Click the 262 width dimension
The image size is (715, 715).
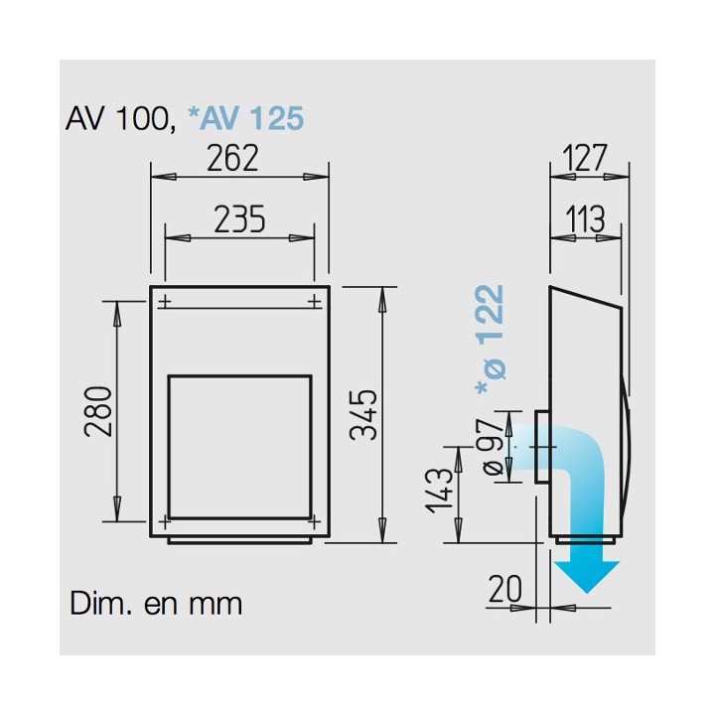point(232,158)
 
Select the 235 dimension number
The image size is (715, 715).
point(239,219)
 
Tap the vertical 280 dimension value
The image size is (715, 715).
point(98,411)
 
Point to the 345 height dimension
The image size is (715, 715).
point(363,414)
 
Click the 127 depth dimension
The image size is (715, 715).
point(585,158)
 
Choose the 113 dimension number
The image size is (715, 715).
point(586,219)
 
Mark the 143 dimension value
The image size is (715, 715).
point(439,491)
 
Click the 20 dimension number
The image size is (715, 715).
point(504,588)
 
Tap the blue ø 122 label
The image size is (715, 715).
point(491,340)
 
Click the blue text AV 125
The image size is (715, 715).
point(246,118)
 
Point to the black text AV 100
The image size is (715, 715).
point(120,119)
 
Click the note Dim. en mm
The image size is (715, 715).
point(156,604)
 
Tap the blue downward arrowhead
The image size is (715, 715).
point(587,576)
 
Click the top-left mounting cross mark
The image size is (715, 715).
point(165,301)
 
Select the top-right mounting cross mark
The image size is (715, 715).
point(314,301)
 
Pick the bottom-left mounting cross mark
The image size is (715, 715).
point(165,520)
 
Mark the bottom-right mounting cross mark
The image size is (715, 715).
point(314,520)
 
